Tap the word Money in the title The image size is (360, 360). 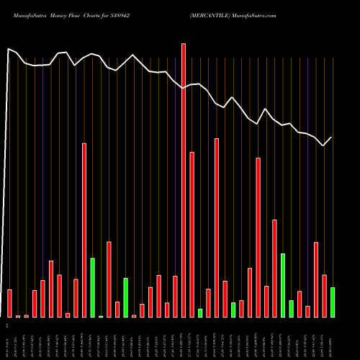pyautogui.click(x=63, y=14)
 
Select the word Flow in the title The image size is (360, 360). pyautogui.click(x=84, y=14)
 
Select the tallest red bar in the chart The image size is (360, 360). pyautogui.click(x=184, y=180)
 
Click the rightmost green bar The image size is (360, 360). pyautogui.click(x=333, y=302)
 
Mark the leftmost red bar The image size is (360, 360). pyautogui.click(x=9, y=303)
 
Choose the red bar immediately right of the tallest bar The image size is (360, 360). pyautogui.click(x=192, y=234)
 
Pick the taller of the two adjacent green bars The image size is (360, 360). pyautogui.click(x=283, y=285)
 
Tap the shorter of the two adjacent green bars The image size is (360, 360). pyautogui.click(x=292, y=309)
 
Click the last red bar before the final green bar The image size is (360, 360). pyautogui.click(x=324, y=296)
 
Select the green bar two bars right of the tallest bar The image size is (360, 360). pyautogui.click(x=200, y=313)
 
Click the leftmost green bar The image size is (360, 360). pyautogui.click(x=92, y=287)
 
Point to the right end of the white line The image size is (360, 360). pyautogui.click(x=332, y=137)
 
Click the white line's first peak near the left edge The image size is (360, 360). pyautogui.click(x=9, y=49)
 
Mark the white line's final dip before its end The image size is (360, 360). pyautogui.click(x=324, y=145)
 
